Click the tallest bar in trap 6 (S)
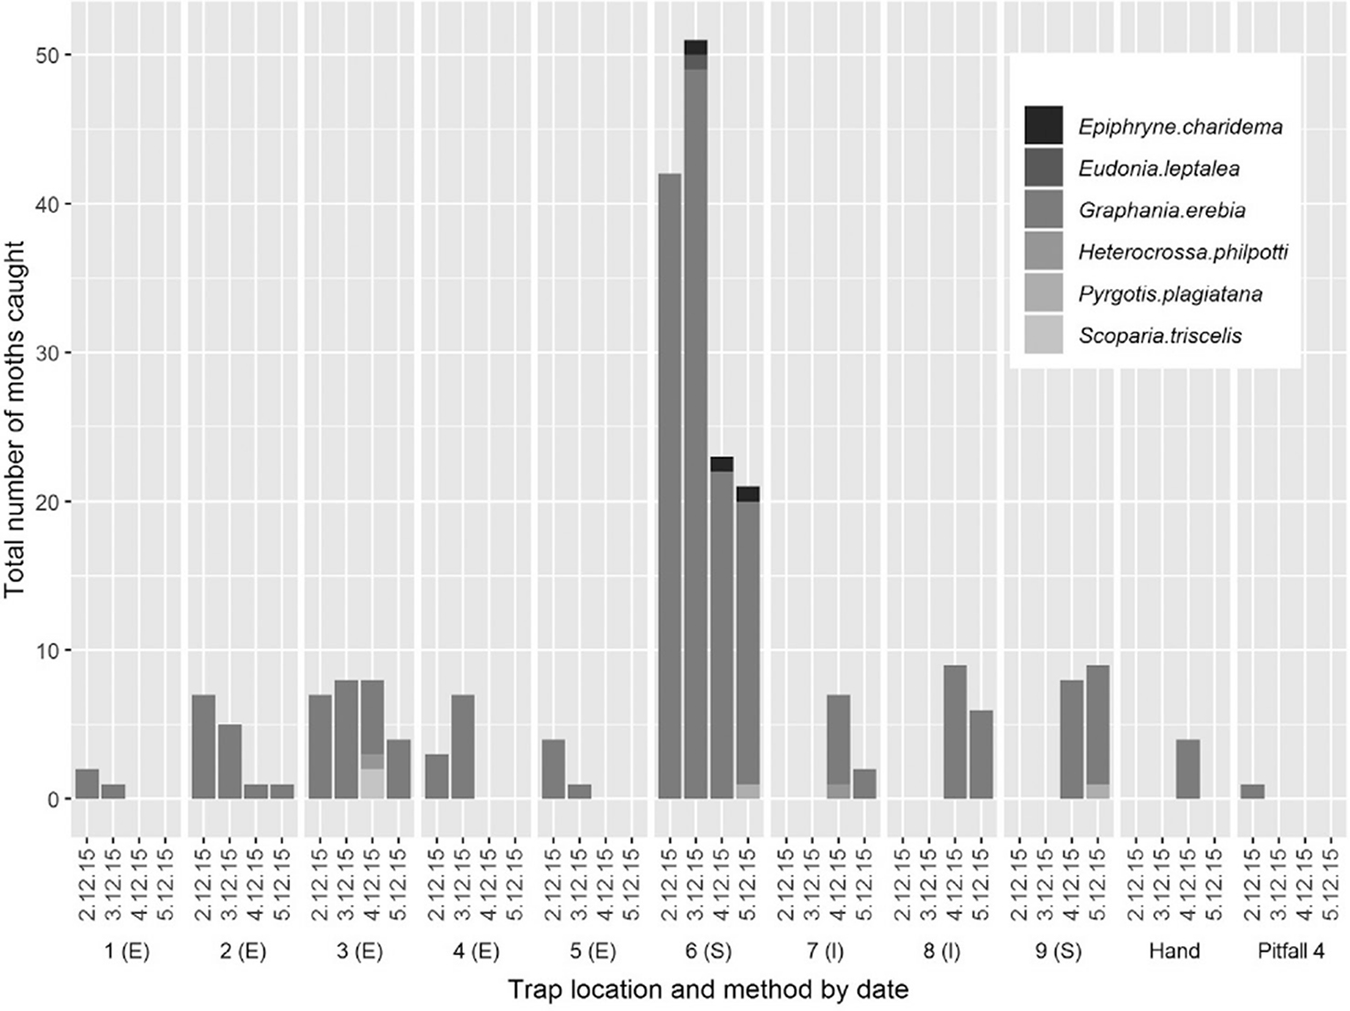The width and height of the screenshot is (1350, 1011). (696, 420)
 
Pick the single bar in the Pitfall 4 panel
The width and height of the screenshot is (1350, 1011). (1252, 792)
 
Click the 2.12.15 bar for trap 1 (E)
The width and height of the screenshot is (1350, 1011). (87, 784)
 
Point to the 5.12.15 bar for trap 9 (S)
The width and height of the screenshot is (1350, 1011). (1098, 732)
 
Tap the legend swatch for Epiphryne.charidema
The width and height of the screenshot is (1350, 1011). (1044, 126)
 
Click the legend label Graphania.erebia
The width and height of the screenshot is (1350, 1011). (1162, 210)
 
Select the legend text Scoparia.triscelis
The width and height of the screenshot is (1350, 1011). (1160, 335)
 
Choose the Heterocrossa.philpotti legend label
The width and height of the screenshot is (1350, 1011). (1183, 252)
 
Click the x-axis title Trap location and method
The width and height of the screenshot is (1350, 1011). (708, 990)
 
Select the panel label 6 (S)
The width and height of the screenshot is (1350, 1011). (709, 952)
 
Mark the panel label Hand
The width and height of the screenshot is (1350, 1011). (1174, 952)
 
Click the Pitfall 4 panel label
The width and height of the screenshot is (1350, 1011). (1290, 952)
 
